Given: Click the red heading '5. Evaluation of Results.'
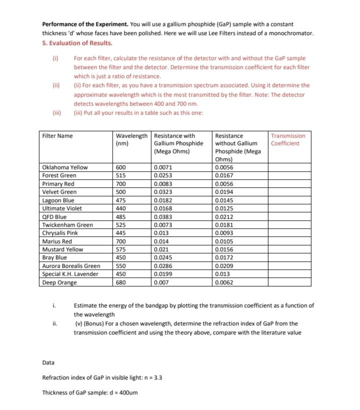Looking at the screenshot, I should pos(77,43).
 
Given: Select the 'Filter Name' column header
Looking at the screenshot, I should pos(57,136).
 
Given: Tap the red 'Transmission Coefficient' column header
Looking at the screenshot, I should pos(287,140).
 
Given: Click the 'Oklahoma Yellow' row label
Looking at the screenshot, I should pos(65,167).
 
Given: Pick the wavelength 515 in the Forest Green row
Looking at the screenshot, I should pos(121,175).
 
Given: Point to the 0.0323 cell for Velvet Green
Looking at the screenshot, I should pos(163,192).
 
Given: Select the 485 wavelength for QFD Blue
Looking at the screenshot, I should pos(121,217).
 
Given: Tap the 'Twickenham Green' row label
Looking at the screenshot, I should pos(67,225).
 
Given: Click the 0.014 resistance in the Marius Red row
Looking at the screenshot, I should pos(161,241).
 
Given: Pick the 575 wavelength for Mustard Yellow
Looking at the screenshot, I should pos(121,249).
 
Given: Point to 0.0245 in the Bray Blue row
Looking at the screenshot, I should pos(163,257).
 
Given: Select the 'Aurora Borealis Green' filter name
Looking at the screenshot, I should pos(71,266).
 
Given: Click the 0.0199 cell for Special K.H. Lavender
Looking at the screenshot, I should pos(163,274).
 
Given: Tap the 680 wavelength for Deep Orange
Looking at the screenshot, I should pos(121,282).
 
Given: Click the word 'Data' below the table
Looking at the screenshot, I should pos(48,362).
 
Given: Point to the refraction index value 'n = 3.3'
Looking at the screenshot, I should pos(148,377).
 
